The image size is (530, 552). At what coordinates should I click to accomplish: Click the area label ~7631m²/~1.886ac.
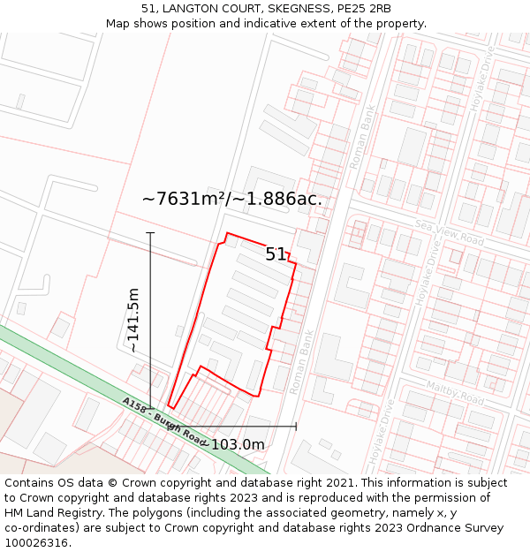point(231,199)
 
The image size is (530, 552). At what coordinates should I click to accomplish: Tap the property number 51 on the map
point(276,254)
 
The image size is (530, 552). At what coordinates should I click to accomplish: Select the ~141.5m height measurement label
point(133,320)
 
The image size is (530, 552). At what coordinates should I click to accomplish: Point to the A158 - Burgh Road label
point(164,420)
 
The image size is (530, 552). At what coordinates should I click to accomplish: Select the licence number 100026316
point(39,543)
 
